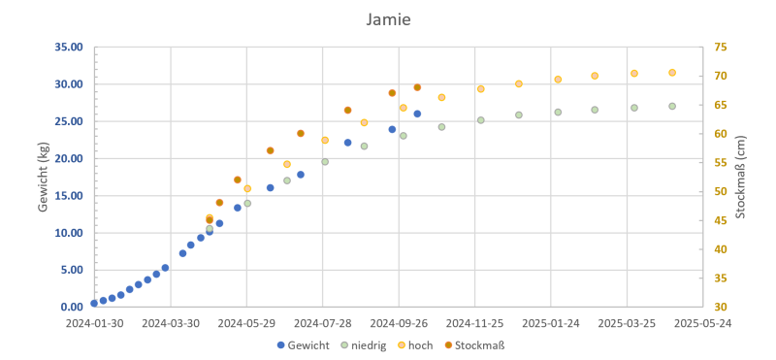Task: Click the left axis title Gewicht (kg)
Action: point(43,178)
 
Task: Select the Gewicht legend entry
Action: point(302,344)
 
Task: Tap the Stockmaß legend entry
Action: point(473,344)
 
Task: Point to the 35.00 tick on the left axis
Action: point(69,48)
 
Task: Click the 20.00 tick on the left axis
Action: point(69,159)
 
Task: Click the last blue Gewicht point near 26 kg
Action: point(417,114)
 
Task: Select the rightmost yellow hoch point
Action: point(672,73)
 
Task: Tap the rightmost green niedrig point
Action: point(672,106)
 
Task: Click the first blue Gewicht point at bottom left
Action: point(94,304)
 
